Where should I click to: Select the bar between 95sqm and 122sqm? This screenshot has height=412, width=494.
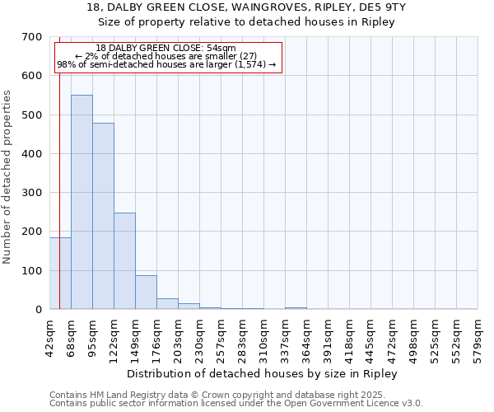pyautogui.click(x=103, y=216)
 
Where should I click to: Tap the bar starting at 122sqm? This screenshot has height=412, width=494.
pyautogui.click(x=124, y=260)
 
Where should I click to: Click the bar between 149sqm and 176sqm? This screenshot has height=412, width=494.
pyautogui.click(x=146, y=292)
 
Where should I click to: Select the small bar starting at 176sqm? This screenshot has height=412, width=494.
pyautogui.click(x=167, y=303)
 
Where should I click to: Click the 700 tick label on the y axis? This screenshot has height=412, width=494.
pyautogui.click(x=32, y=37)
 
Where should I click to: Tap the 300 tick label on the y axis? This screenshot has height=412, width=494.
pyautogui.click(x=32, y=193)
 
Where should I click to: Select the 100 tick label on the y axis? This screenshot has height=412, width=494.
pyautogui.click(x=32, y=270)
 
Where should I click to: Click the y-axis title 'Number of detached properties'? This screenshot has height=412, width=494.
pyautogui.click(x=8, y=177)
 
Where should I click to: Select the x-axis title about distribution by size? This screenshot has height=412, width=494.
pyautogui.click(x=263, y=374)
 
